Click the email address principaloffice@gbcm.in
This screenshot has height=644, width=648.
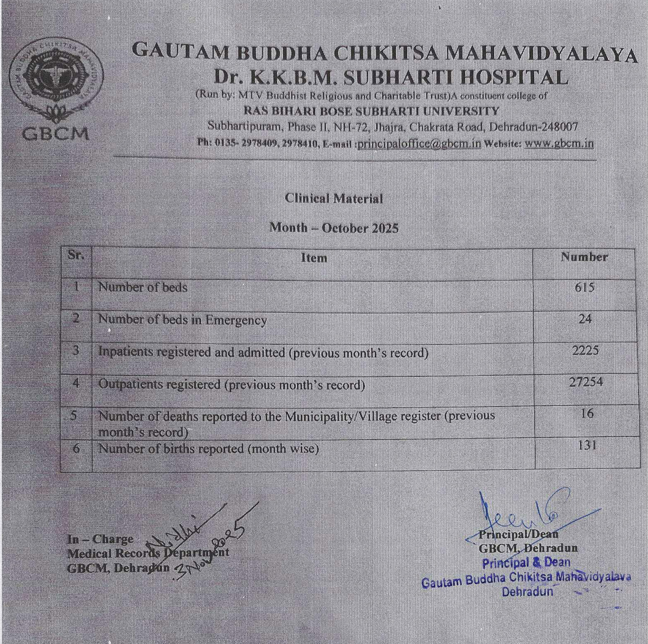tap(419, 144)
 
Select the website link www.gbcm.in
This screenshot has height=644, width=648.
tap(559, 144)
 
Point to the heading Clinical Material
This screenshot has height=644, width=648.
tap(334, 199)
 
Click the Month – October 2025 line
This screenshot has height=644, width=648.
tap(334, 228)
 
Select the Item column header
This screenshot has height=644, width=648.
tap(314, 258)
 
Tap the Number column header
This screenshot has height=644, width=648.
tap(584, 257)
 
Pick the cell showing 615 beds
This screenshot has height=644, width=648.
tap(585, 287)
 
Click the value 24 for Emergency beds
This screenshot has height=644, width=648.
tap(585, 319)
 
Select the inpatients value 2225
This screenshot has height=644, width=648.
tap(585, 351)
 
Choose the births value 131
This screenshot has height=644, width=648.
tap(586, 445)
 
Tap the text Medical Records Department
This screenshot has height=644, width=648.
tap(148, 553)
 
